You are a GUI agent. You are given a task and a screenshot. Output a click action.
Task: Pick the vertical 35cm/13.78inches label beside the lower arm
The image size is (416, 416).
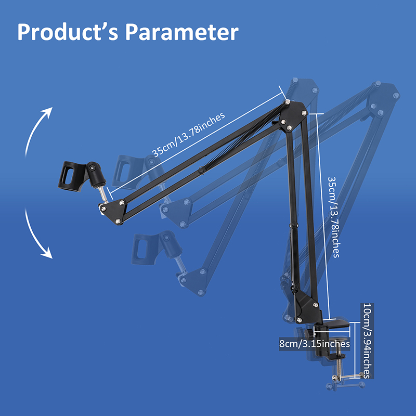point(333,216)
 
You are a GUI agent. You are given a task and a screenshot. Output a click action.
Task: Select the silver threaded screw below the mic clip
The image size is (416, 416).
point(104,194)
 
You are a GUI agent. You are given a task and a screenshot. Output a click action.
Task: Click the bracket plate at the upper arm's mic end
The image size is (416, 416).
point(112,211)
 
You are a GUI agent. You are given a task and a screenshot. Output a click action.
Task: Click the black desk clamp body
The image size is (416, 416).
point(328,338)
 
